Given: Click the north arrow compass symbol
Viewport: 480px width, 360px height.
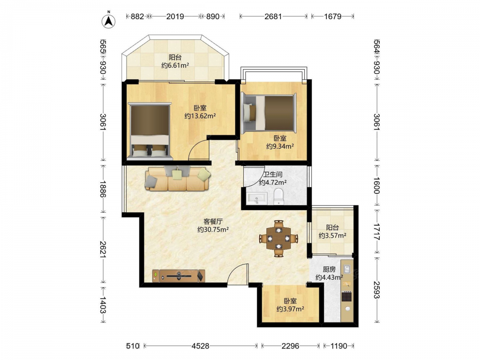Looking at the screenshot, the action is point(108,20).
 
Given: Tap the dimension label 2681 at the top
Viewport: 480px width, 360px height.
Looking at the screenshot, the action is point(273,16).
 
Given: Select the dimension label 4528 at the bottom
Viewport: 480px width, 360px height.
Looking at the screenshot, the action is point(201,346).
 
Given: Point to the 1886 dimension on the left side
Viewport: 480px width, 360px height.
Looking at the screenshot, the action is point(103,189).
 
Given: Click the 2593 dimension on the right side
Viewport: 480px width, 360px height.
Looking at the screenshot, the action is point(376,289).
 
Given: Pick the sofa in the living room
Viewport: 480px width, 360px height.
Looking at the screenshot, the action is point(178,179).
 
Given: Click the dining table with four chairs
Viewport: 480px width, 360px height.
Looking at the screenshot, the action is point(278,238).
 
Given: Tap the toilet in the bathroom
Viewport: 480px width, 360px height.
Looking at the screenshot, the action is point(278,197).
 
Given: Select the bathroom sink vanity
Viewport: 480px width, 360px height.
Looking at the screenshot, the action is point(256,199).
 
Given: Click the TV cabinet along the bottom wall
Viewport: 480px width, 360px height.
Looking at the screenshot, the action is point(179,276).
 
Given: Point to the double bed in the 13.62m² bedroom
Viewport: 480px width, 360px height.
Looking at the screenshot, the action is point(150,131).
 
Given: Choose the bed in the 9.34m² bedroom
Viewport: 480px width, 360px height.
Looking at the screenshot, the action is point(268,113).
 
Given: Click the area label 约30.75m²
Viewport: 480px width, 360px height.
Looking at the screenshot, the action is point(213,229).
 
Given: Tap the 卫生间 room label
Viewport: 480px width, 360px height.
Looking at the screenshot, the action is point(273,175).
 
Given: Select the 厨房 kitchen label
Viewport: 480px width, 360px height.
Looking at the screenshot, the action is point(329,269).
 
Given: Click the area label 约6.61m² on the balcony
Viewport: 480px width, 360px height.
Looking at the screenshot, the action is point(175,65).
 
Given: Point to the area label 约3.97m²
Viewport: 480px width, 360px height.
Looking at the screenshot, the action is point(290,309).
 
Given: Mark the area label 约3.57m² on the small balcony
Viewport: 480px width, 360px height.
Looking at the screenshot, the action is point(333,236).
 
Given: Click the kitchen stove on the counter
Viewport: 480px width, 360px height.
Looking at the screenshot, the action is point(347,296).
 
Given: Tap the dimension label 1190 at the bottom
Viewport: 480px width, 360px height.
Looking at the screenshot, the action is point(339,346).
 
